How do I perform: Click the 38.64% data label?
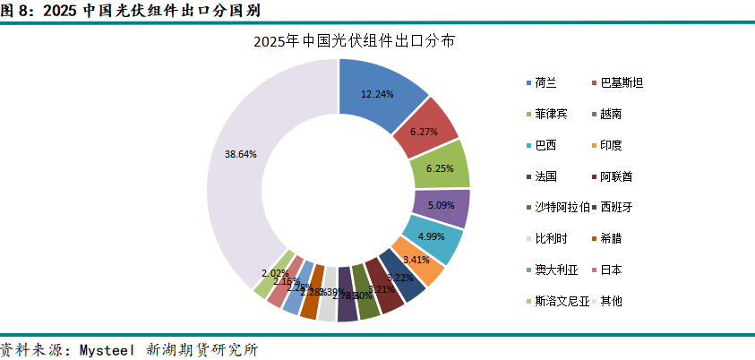coord(241,154)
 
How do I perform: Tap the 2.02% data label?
coord(274,272)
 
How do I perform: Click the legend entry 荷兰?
coord(545,83)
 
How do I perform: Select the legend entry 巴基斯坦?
coord(621,83)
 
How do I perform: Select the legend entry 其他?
coord(611,301)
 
